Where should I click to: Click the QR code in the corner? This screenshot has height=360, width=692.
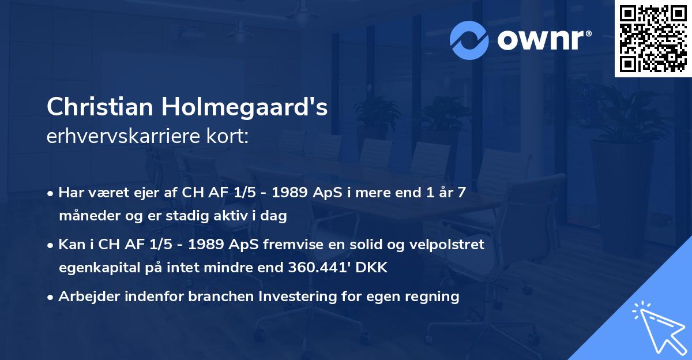point(653,39)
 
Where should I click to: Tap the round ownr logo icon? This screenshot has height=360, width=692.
point(469,39)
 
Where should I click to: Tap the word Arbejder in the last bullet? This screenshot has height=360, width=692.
point(85,297)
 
